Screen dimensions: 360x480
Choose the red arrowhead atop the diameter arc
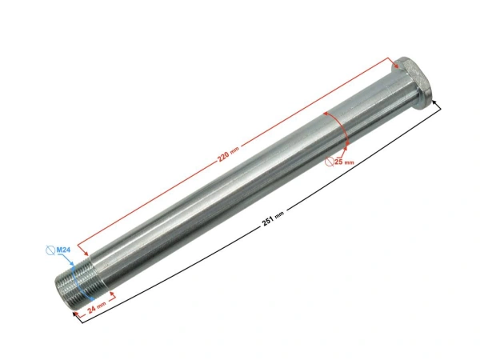point(325,114)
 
